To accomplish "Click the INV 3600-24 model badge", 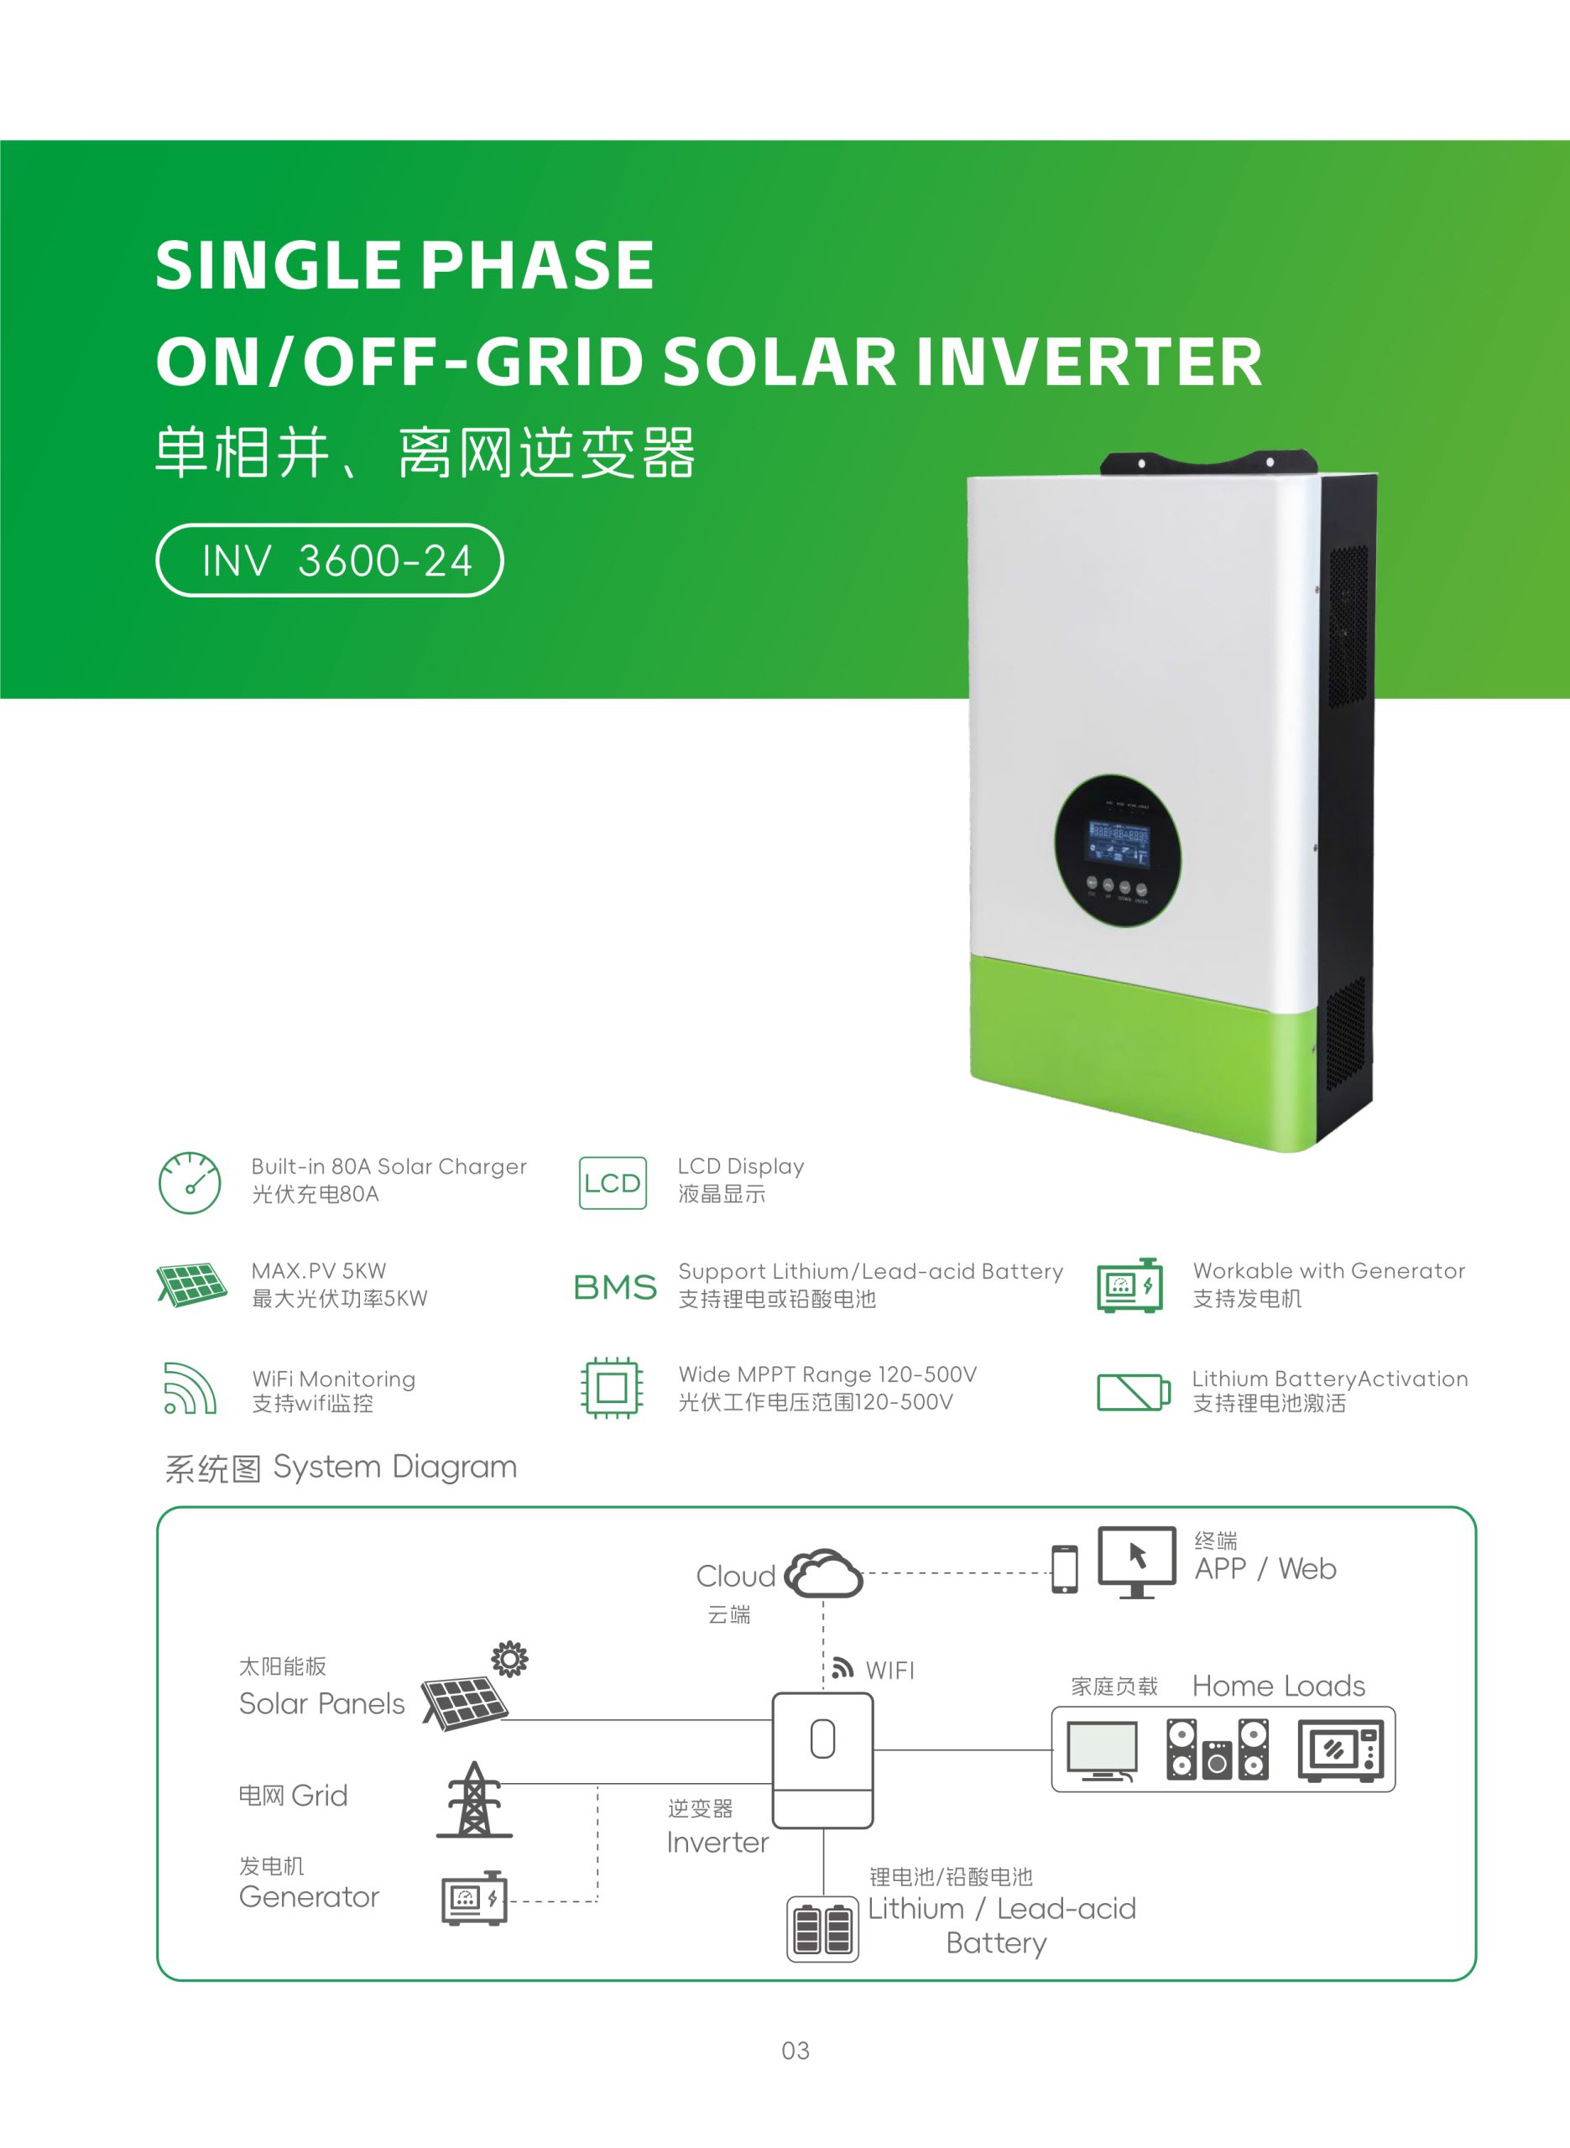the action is tap(329, 560).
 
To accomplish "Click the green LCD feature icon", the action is tap(613, 1183).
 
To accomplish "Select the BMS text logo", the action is tap(615, 1287).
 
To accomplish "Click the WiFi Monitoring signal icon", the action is tap(190, 1388).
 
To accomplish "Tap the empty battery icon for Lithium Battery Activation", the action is tap(1133, 1392).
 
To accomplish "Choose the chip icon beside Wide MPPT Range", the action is tap(612, 1388).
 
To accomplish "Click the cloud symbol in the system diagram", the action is tap(823, 1573).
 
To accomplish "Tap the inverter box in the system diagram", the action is tap(822, 1760).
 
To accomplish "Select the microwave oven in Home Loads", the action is tap(1341, 1750).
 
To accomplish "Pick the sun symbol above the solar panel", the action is tap(509, 1659).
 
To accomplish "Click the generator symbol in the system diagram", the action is tap(474, 1898).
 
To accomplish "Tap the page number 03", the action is tap(795, 2050).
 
